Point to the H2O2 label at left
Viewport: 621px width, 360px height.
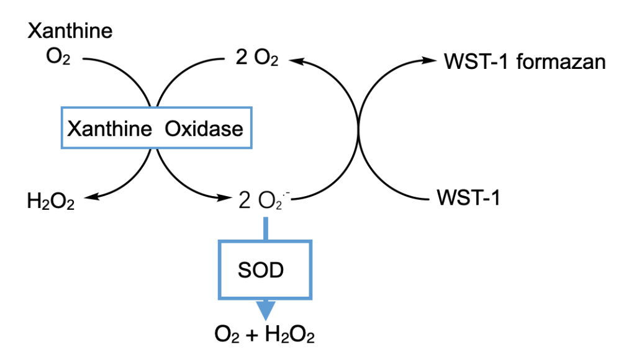(51, 200)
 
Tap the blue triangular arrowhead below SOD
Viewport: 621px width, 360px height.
(266, 309)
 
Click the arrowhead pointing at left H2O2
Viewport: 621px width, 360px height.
(88, 197)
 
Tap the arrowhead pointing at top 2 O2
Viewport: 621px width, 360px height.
(294, 60)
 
